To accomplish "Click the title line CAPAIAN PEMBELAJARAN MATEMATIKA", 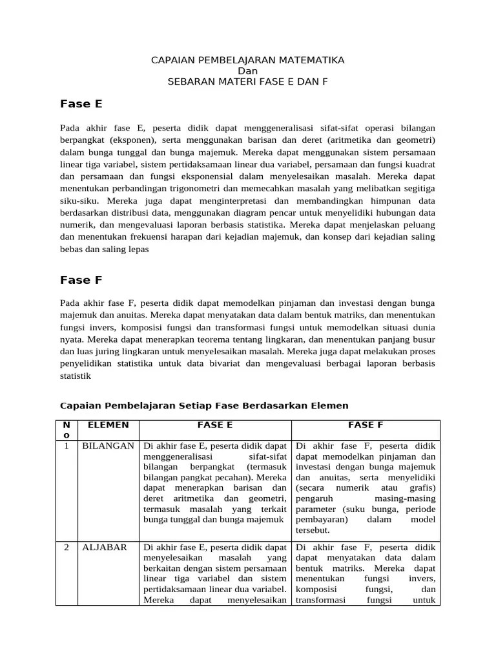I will pos(247,60).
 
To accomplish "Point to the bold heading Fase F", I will pos(81,280).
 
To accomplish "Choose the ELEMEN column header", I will pos(108,425).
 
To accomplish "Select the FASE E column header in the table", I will pos(215,425).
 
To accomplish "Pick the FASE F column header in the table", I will pos(366,425).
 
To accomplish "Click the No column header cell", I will pos(67,430).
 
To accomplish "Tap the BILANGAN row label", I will pos(108,446).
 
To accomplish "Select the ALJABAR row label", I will pos(104,547).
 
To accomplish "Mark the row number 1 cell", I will pos(67,446).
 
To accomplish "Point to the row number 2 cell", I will pos(67,547).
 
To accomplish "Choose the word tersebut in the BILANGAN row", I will pos(313,530).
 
